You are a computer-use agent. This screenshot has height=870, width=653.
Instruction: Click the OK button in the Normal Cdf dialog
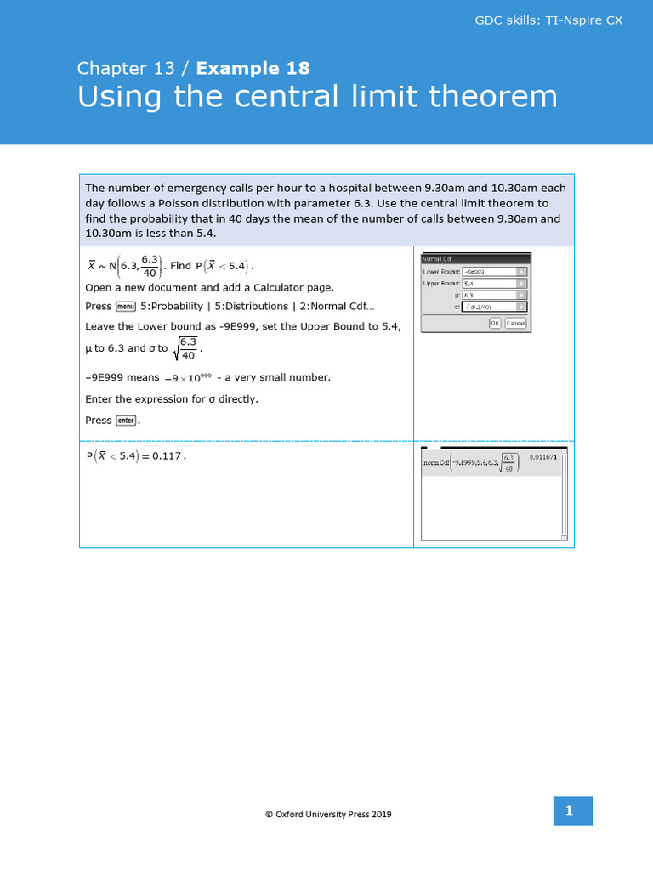[495, 323]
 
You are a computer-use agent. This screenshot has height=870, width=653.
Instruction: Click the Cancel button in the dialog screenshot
[515, 323]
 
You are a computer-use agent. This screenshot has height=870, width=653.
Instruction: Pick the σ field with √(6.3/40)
[494, 307]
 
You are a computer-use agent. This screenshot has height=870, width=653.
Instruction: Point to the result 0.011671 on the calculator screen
[543, 457]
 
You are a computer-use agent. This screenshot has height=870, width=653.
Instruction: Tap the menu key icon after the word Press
[126, 307]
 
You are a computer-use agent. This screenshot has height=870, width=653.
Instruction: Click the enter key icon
[126, 421]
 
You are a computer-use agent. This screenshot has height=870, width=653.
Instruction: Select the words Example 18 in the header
[253, 68]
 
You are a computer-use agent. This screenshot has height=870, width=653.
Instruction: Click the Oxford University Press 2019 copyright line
[328, 814]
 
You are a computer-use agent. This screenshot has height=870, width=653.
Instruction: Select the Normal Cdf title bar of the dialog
[476, 257]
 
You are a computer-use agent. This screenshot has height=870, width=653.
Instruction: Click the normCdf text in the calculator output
[436, 463]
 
